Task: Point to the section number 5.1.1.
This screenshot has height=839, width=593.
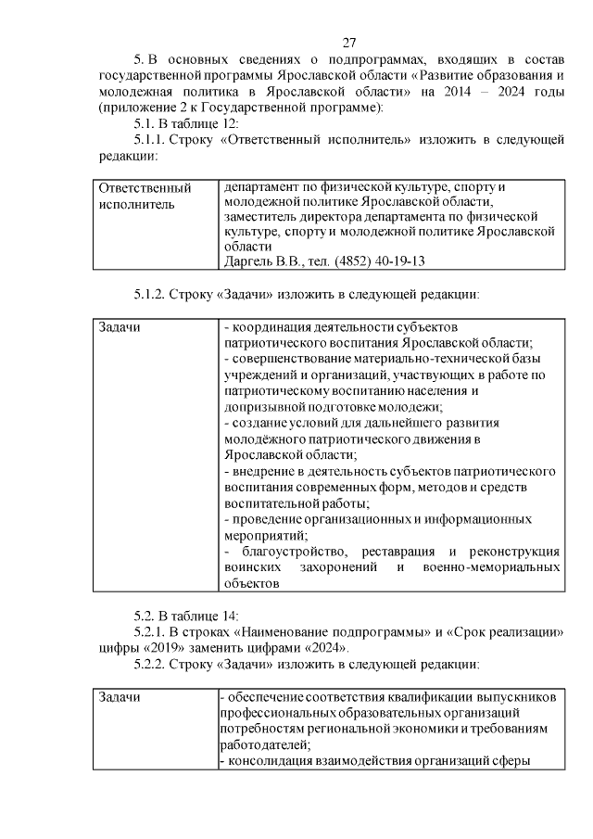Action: point(154,139)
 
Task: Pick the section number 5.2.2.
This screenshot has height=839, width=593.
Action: point(154,665)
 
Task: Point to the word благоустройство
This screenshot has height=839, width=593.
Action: point(293,553)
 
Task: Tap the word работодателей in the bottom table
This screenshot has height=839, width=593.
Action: point(265,745)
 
